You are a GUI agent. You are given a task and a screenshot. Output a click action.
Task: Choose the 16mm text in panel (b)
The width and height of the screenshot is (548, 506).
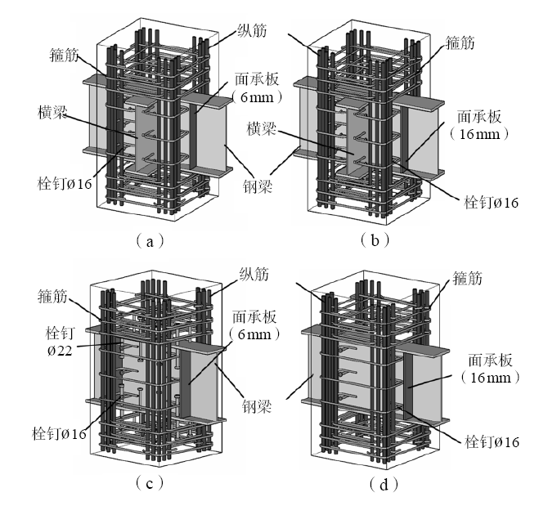tap(478, 133)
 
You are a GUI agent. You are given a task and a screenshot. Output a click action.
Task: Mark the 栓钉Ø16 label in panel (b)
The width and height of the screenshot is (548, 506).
tap(492, 200)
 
